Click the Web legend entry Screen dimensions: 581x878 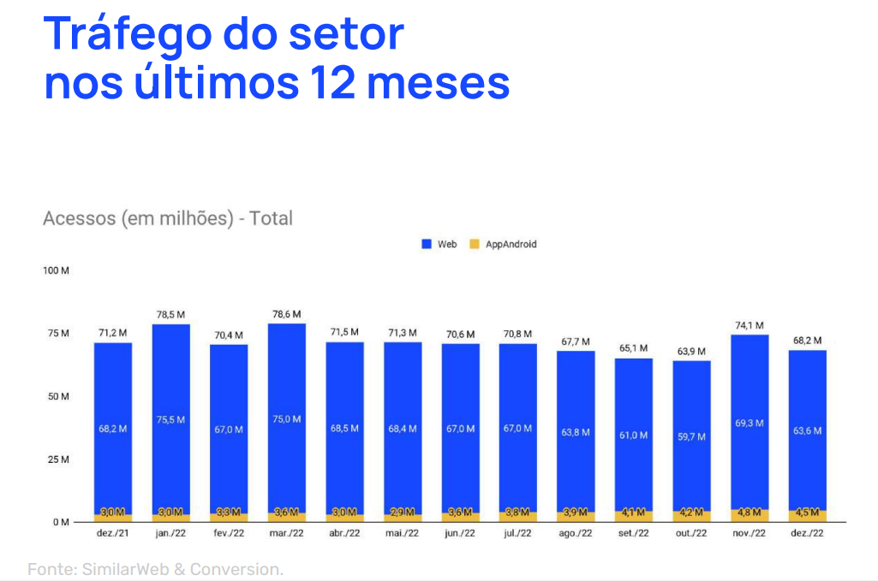(x=439, y=244)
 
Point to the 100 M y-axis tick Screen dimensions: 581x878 (x=56, y=271)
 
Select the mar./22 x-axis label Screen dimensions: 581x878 (x=286, y=533)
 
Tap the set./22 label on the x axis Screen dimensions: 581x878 (x=633, y=533)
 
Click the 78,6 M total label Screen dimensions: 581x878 (x=286, y=314)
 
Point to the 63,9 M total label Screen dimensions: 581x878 (x=691, y=352)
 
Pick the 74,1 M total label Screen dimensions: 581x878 (x=750, y=325)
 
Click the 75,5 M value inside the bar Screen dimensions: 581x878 (x=170, y=419)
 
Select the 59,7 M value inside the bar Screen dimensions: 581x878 (x=691, y=436)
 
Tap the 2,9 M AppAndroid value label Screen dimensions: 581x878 (x=402, y=513)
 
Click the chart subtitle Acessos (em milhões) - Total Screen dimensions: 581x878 (x=168, y=218)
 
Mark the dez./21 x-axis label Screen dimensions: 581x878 (x=112, y=533)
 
